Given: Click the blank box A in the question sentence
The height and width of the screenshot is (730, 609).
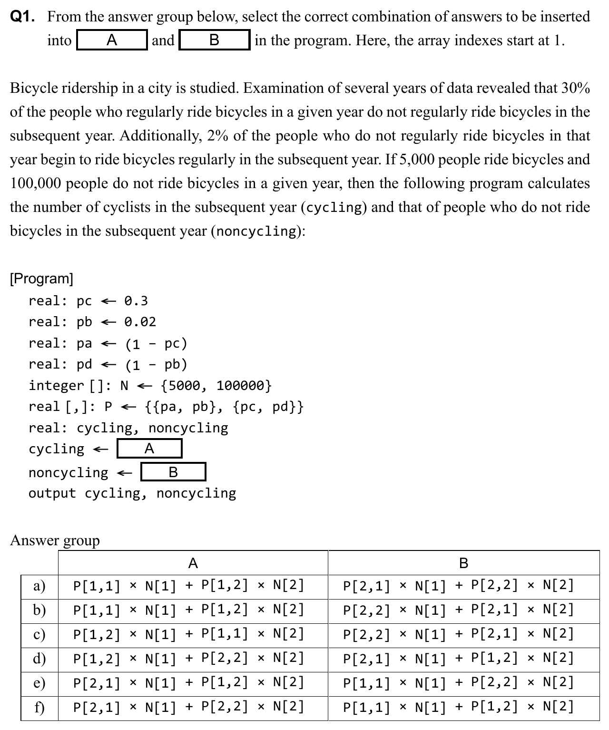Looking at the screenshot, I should coord(112,40).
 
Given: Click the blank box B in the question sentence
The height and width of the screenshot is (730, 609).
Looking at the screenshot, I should coord(215,40).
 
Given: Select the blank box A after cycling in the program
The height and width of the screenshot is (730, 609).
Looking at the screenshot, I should coord(149,449).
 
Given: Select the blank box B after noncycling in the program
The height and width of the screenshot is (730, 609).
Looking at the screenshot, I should coord(173,472).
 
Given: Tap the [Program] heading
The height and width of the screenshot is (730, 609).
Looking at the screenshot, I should coord(42,279).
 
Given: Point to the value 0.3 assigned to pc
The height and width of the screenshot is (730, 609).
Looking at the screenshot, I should coord(136,301).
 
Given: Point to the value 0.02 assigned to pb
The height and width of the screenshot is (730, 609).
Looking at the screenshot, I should coord(140,322).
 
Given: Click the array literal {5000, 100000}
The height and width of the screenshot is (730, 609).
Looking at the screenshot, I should coord(216,385).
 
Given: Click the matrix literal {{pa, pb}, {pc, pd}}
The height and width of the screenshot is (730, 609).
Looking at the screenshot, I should coord(224,407).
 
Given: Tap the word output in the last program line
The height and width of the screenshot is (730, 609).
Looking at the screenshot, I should coord(52,493).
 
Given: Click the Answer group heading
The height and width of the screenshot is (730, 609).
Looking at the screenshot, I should coord(55,540).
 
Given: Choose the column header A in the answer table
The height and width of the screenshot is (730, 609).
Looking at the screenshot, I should coord(193,563).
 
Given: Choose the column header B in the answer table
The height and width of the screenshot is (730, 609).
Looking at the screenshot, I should coord(463,563).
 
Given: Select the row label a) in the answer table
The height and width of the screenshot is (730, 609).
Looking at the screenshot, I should coord(39,586).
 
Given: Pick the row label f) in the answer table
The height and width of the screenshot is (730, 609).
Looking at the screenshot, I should coord(39,707).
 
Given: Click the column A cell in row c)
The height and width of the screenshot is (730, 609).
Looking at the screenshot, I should coord(188,634).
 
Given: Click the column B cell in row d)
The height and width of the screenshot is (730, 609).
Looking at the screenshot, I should coord(459,659).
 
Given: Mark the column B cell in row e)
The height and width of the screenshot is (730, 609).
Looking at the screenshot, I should coord(459,683).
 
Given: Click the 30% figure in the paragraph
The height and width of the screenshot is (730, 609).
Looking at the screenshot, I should coord(576,88).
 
